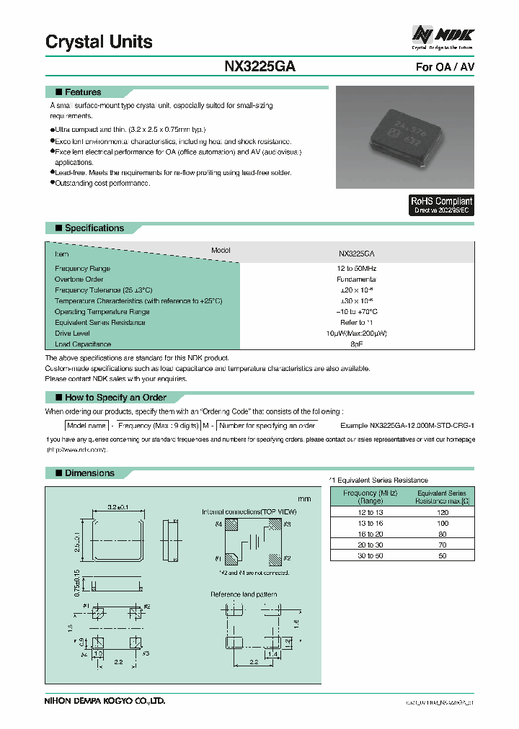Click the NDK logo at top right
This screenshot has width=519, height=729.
pyautogui.click(x=443, y=35)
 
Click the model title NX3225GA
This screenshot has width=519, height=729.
pyautogui.click(x=259, y=66)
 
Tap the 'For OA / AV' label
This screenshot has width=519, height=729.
pyautogui.click(x=445, y=67)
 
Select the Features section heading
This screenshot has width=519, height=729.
pyautogui.click(x=83, y=92)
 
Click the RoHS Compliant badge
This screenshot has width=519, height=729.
pyautogui.click(x=441, y=205)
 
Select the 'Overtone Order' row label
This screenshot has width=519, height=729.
pyautogui.click(x=79, y=279)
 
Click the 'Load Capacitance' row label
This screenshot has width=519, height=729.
pyautogui.click(x=83, y=344)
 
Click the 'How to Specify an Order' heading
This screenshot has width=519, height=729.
pyautogui.click(x=115, y=398)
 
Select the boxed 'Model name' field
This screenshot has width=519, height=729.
pyautogui.click(x=86, y=426)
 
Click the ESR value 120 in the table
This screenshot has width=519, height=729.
pyautogui.click(x=443, y=512)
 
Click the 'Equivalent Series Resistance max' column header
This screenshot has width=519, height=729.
pyautogui.click(x=443, y=497)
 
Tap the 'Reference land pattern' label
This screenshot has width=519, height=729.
pyautogui.click(x=244, y=594)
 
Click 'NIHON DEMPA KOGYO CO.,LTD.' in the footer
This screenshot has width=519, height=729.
pyautogui.click(x=105, y=700)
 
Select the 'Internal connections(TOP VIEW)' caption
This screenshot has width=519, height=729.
pyautogui.click(x=249, y=511)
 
